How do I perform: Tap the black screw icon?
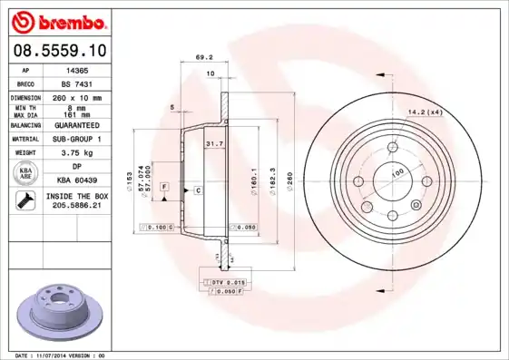[x=25, y=202]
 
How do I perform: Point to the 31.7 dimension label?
[x=214, y=143]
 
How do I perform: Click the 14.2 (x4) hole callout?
[x=424, y=112]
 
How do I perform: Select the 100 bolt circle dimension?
[x=396, y=172]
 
